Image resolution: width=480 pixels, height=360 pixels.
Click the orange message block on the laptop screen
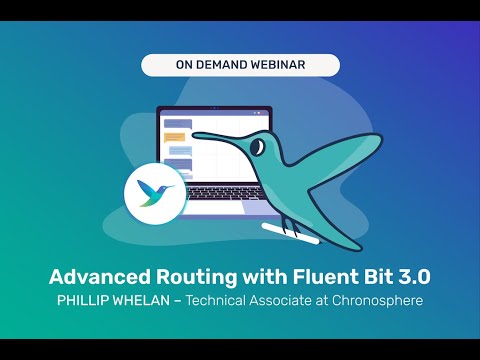[x=176, y=135]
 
